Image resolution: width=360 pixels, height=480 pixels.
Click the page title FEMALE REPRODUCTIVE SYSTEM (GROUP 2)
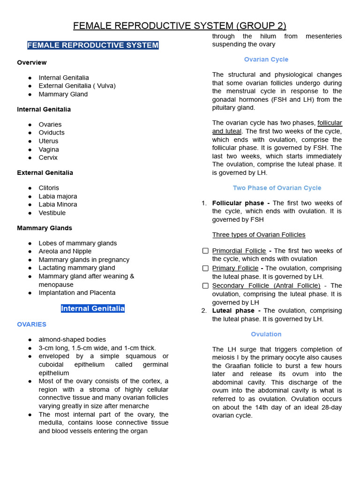point(180,26)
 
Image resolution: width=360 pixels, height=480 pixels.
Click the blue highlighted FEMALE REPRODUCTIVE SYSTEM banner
point(93,45)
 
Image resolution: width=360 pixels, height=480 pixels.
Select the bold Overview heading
point(32,62)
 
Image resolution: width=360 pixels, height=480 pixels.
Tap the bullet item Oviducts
point(52,133)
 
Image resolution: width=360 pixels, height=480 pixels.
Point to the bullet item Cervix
point(48,157)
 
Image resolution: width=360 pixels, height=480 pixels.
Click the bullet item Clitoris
point(49,188)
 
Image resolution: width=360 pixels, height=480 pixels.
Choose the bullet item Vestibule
point(52,213)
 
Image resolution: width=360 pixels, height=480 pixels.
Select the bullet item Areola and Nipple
point(65,251)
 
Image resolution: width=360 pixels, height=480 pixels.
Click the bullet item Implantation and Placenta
point(77,292)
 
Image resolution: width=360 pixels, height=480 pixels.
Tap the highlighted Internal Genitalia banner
point(93,308)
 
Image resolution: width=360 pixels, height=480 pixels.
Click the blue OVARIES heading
point(31,324)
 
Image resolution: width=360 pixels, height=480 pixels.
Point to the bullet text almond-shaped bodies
point(72,339)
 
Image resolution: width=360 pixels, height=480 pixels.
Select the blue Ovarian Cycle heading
point(266,60)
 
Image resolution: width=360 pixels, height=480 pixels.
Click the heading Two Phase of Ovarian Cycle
point(277,188)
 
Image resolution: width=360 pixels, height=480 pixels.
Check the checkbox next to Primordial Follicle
point(205,251)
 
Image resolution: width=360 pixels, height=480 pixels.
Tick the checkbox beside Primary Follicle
point(205,268)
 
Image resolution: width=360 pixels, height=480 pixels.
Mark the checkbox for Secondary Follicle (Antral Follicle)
point(205,285)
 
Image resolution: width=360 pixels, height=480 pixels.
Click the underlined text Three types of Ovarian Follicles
point(259,235)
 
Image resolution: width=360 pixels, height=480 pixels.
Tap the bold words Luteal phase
point(233,311)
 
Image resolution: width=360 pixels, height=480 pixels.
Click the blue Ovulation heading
point(266,334)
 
